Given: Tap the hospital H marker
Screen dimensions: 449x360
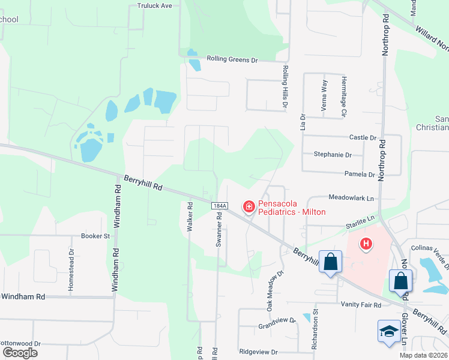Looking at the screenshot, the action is point(365,244).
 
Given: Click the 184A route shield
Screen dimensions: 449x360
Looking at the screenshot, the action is point(220,206).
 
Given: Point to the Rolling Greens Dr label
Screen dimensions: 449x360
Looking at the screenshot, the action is point(232,59).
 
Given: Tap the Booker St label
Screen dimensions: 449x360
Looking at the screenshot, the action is point(95,236).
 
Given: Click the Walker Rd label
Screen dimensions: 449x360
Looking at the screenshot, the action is point(190,217).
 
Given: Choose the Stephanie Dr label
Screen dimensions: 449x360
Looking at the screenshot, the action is point(333,154).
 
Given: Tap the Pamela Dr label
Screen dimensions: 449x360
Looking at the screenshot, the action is point(360,174).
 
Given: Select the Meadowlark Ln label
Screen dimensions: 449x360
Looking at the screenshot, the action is point(351,197).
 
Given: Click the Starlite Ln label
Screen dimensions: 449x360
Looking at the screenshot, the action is point(360,223).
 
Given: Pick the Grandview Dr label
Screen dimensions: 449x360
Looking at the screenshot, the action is point(277,321).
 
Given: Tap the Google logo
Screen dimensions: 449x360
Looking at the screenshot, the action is point(20,352).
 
